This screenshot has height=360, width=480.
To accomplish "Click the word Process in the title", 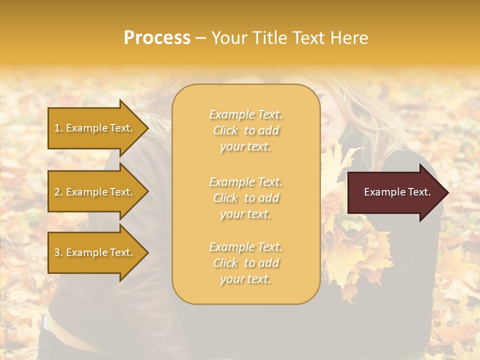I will (157, 38).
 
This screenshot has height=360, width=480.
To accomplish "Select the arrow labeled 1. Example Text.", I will (95, 128).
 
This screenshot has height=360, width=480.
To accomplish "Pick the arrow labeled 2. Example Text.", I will (95, 192).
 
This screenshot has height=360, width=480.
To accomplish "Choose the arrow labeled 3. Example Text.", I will (95, 252).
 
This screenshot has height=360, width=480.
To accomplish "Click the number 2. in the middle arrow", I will (58, 192).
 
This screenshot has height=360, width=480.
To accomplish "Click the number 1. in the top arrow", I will (58, 128).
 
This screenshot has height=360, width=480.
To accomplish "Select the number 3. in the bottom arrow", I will (58, 252).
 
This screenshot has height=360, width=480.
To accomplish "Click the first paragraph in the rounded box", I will (246, 130).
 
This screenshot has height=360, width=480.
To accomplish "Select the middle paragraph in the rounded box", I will (246, 197).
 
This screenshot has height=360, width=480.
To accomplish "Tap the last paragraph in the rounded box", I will (246, 263).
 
